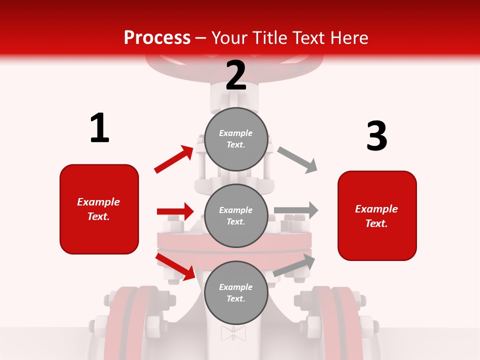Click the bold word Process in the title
click(x=157, y=38)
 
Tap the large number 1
click(x=99, y=128)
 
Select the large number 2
click(x=236, y=75)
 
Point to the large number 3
click(x=376, y=136)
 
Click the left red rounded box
click(x=99, y=209)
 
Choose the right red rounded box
click(x=377, y=216)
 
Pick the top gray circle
click(x=236, y=139)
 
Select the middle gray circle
click(x=236, y=215)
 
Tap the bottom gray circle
click(x=236, y=292)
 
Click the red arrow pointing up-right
click(x=174, y=159)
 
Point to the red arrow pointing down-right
click(x=175, y=266)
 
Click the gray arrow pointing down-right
click(x=298, y=160)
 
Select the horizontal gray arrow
click(x=296, y=210)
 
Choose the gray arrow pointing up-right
click(x=294, y=265)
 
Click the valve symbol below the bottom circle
click(x=233, y=333)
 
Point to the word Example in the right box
click(x=376, y=209)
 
